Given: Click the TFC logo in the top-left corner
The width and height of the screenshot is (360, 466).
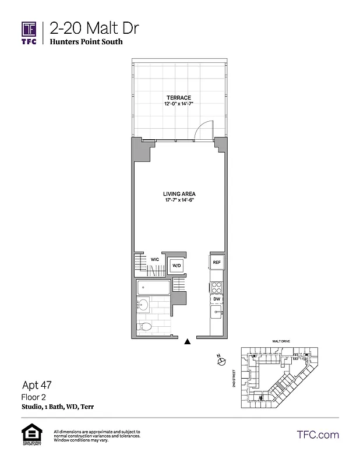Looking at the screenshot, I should (x=29, y=32).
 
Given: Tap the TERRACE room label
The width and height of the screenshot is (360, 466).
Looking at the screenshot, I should (x=178, y=97).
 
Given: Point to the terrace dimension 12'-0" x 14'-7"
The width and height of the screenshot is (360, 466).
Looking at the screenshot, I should (x=178, y=104).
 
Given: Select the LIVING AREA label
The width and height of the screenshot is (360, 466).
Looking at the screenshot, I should (x=179, y=194).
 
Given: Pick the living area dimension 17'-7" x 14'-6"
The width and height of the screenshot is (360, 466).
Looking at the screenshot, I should (x=179, y=201).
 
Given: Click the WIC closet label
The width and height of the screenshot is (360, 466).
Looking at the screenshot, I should (x=155, y=259).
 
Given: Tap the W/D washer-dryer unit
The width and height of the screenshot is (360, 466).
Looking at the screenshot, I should (x=176, y=266).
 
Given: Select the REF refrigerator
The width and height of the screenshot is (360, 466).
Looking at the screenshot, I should (x=216, y=262).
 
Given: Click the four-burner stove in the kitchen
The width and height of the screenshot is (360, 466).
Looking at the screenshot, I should (x=216, y=287).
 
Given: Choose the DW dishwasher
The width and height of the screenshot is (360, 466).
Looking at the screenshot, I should (x=216, y=299).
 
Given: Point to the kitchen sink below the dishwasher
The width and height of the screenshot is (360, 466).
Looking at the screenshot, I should (x=216, y=312).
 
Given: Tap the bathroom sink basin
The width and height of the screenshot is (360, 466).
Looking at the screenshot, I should (x=142, y=305).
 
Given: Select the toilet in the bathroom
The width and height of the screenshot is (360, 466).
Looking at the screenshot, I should (x=146, y=326).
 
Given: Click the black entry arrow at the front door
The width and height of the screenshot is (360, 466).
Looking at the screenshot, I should (x=187, y=343).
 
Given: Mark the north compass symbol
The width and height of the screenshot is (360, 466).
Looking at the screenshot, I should (x=221, y=362).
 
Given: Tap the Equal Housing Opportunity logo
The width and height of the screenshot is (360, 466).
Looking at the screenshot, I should (x=29, y=435).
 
